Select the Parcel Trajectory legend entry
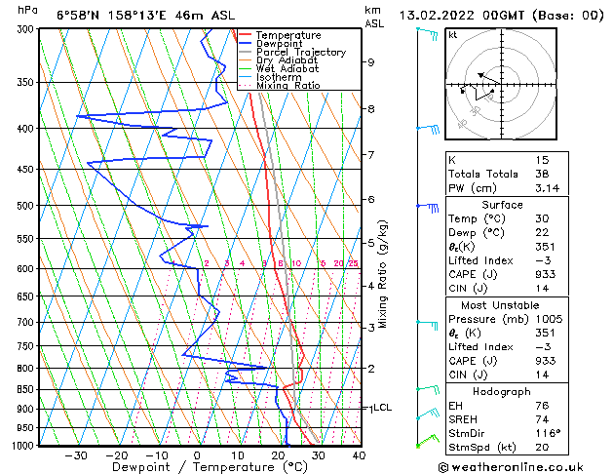click(300, 53)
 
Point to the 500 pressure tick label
click(25, 206)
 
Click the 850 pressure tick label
click(25, 389)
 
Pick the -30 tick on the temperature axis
click(75, 454)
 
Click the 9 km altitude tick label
click(371, 62)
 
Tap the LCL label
click(382, 408)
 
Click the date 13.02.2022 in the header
click(442, 15)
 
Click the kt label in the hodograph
click(452, 34)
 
